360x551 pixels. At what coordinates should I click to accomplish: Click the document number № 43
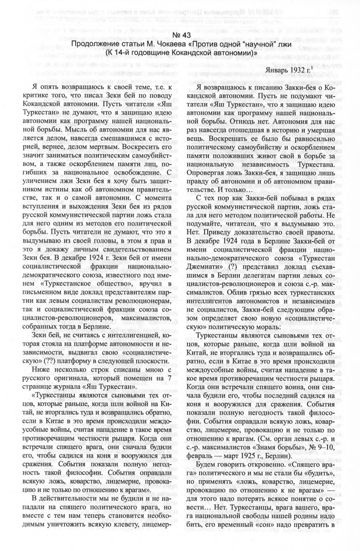[180, 35]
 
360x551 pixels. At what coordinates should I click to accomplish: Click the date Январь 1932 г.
[287, 70]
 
